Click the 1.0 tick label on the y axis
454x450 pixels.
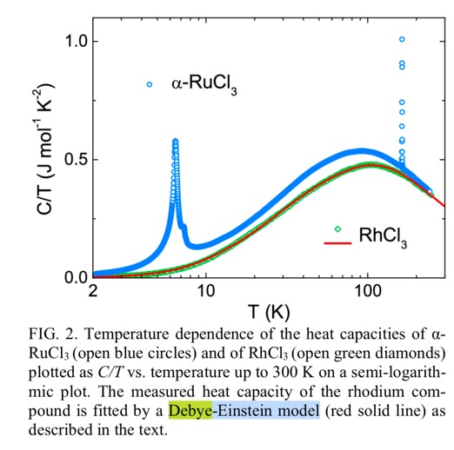(x=77, y=42)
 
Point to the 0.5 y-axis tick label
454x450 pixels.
(x=77, y=160)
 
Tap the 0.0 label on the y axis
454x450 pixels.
(x=77, y=278)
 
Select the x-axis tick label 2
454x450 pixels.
(x=93, y=291)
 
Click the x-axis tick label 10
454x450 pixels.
(x=206, y=291)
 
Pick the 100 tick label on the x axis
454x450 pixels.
(x=368, y=291)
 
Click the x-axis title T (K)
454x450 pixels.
(x=269, y=312)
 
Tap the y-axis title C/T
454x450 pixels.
(x=45, y=201)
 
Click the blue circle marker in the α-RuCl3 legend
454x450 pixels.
(x=150, y=84)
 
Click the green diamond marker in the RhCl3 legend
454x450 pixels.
(x=337, y=229)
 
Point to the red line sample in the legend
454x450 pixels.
(x=337, y=243)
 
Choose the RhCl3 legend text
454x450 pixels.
(x=383, y=237)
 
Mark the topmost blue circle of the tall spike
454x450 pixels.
(x=402, y=39)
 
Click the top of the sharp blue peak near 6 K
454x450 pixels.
(x=176, y=141)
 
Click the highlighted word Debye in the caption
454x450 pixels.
(x=190, y=411)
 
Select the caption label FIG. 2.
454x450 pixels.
(x=53, y=334)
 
